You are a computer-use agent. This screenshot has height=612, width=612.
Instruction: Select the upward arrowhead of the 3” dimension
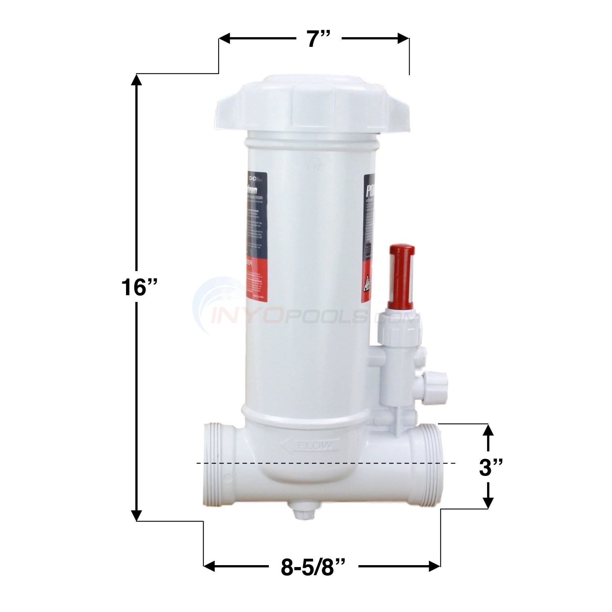tap(488, 431)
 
